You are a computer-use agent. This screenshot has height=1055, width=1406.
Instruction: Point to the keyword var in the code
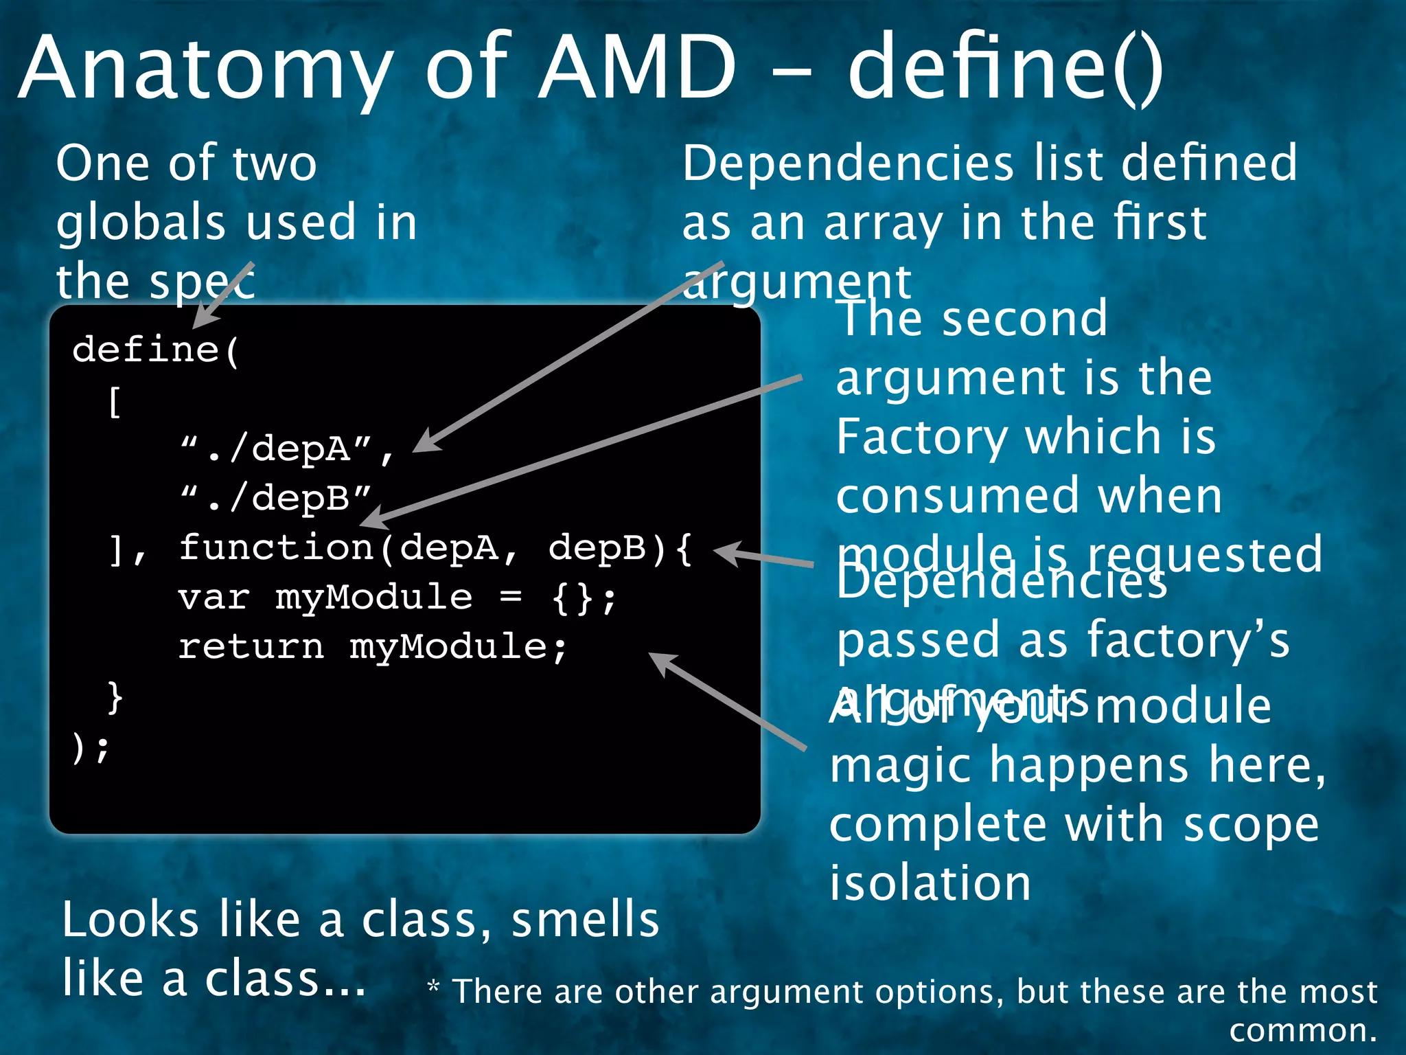point(213,598)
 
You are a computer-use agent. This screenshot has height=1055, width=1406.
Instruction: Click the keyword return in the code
point(251,647)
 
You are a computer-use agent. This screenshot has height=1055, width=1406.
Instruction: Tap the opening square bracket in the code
point(115,401)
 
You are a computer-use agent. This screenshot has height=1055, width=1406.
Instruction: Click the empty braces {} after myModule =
point(573,598)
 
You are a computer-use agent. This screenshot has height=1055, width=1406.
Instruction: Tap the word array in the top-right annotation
point(883,224)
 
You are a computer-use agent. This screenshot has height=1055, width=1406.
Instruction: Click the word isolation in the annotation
point(930,883)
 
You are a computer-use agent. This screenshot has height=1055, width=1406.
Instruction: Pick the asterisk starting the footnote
point(433,988)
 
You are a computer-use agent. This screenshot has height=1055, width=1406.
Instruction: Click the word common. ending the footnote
point(1302,1030)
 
